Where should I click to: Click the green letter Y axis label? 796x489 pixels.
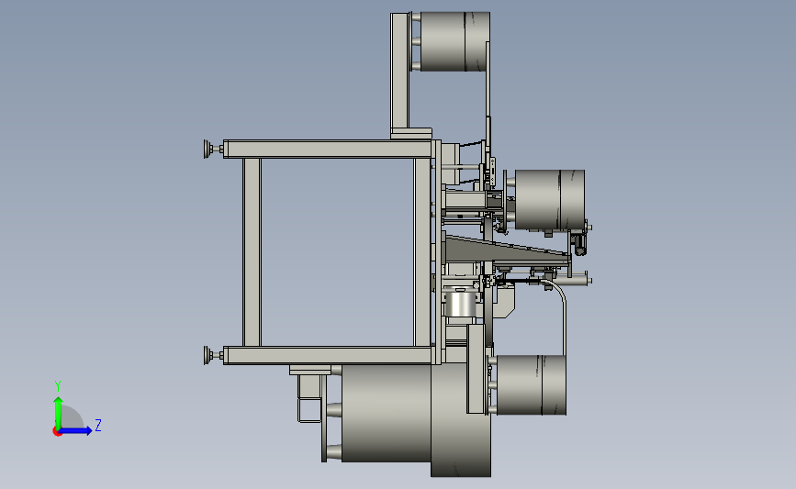[x=58, y=386]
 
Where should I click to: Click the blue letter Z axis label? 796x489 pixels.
[x=98, y=425]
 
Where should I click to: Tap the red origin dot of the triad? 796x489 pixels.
[x=57, y=432]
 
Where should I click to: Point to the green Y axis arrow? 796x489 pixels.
[x=59, y=413]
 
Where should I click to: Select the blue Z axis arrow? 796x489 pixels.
[x=75, y=431]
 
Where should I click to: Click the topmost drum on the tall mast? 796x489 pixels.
[x=455, y=41]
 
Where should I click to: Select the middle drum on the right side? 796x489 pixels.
[x=550, y=200]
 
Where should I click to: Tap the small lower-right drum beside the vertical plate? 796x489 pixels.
[x=531, y=385]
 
